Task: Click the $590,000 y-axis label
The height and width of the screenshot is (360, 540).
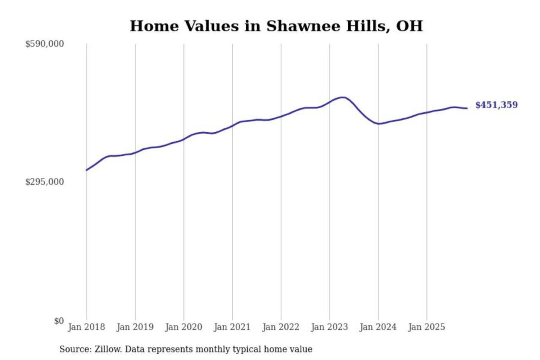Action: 45,44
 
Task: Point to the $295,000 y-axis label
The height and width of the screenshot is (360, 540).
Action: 45,182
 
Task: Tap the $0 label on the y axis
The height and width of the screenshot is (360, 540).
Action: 59,321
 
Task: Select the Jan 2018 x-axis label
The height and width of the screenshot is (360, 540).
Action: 86,327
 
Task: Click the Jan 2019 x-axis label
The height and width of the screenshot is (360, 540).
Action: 135,327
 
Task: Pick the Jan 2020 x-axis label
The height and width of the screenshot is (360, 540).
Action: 184,327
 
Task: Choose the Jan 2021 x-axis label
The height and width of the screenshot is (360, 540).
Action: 232,327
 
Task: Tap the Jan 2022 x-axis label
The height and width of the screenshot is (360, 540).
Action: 281,327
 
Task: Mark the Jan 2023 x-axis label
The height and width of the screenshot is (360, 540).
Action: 329,327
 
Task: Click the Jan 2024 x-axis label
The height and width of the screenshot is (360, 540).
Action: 378,327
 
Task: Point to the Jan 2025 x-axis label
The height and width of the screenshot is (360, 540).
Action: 426,327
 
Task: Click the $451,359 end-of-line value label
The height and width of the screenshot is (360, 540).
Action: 496,105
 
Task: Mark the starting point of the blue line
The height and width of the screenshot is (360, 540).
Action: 87,170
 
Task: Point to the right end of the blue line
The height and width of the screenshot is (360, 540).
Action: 467,108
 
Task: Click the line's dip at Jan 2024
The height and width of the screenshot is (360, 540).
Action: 379,124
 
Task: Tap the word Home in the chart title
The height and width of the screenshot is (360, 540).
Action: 154,26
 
